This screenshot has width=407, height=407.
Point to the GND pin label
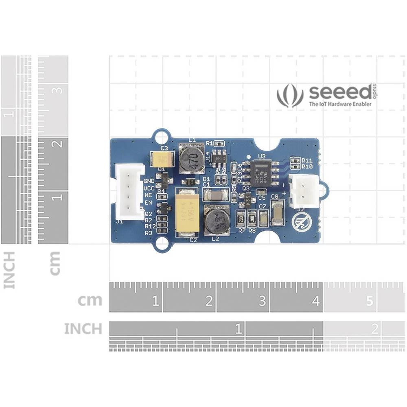pos(149,181)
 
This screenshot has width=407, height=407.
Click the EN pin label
pos(148,202)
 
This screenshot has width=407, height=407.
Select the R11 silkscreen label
pos(307,160)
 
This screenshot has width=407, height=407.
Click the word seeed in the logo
pos(340,93)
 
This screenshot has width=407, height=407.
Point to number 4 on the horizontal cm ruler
pos(316,302)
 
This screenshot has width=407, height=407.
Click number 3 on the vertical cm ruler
pos(58,90)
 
